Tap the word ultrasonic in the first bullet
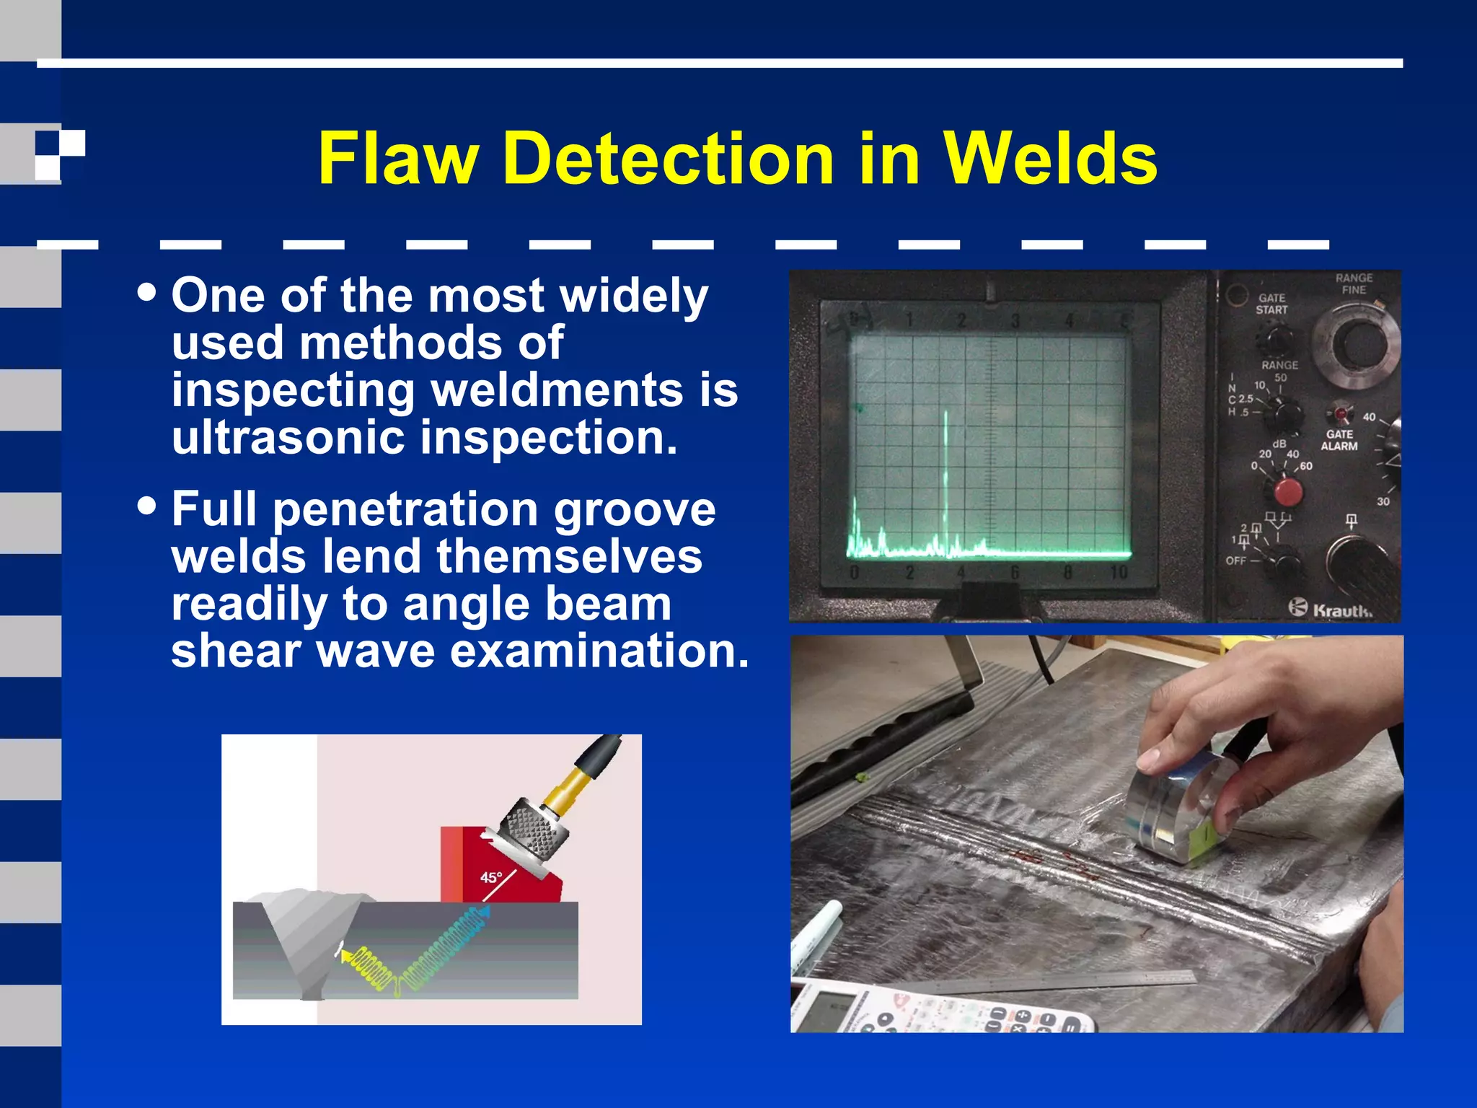(289, 437)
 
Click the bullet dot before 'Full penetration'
(146, 505)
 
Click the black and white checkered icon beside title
(60, 155)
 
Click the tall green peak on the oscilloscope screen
(945, 476)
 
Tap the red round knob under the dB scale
(1288, 492)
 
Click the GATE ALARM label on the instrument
(1339, 440)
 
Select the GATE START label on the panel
(1271, 304)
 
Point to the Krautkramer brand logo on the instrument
(1331, 609)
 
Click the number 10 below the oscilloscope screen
(1119, 573)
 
